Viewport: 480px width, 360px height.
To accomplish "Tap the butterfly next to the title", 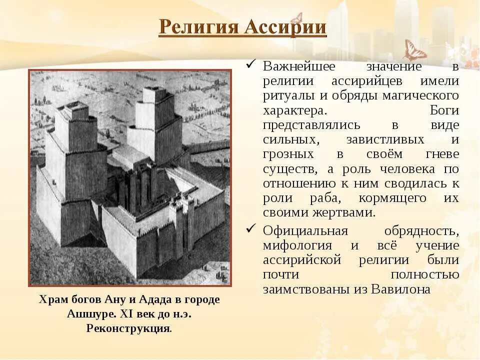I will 414,50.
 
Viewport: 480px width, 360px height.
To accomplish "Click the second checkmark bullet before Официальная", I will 252,230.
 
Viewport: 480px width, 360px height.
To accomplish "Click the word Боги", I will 444,109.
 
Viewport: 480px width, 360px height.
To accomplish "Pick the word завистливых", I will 385,139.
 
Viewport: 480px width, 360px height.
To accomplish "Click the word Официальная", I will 305,231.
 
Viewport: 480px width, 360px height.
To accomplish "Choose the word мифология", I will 297,246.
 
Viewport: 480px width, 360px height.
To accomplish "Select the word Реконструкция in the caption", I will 128,328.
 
